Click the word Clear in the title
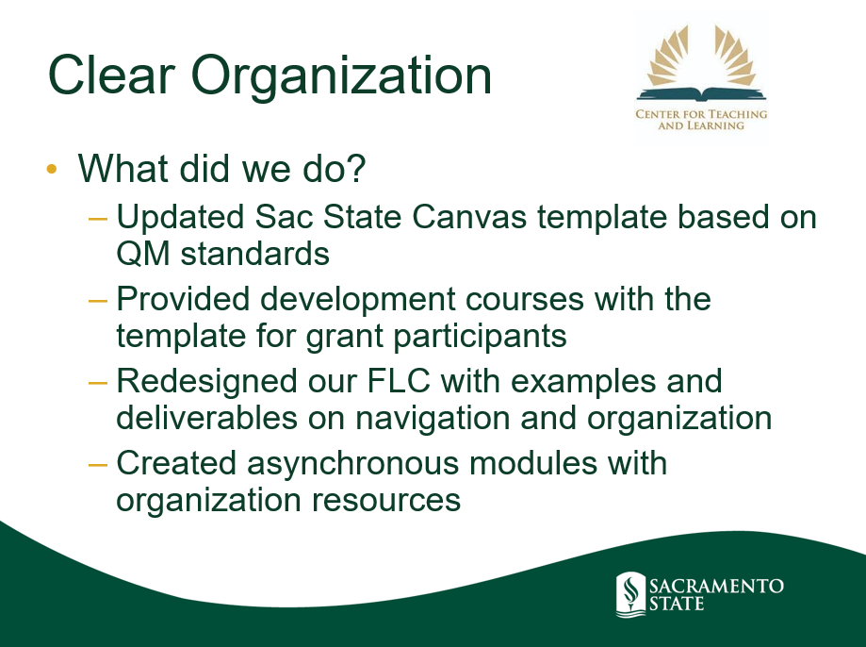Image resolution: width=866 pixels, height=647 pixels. (x=111, y=75)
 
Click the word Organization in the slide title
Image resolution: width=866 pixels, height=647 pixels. (x=341, y=78)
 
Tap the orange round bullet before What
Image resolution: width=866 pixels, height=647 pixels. (x=52, y=168)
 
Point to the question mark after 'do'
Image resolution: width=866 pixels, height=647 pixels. (x=355, y=168)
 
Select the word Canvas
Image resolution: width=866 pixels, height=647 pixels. (x=469, y=216)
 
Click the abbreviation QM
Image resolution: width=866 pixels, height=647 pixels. (x=143, y=255)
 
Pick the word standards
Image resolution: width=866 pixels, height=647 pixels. (x=255, y=254)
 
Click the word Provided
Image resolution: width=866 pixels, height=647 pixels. (x=183, y=299)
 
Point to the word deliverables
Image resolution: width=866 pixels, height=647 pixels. (x=207, y=418)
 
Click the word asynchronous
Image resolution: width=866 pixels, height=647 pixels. (x=353, y=463)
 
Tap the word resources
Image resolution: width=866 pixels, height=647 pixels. (x=386, y=501)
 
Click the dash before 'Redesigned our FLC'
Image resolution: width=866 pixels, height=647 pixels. (x=98, y=382)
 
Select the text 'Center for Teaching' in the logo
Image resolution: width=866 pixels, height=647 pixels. (x=701, y=114)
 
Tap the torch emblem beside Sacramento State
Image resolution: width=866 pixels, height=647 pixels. (x=630, y=594)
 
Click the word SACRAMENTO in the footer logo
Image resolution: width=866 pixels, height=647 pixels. (x=716, y=586)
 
